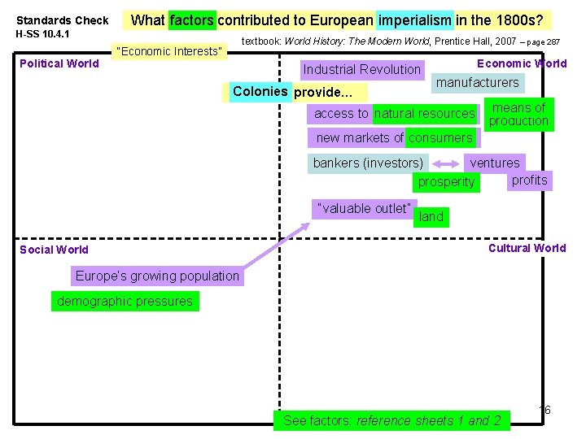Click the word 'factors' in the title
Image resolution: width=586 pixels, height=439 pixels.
(x=193, y=20)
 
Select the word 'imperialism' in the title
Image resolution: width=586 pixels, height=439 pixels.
(x=414, y=20)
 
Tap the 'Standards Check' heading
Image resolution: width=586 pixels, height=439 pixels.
(x=63, y=20)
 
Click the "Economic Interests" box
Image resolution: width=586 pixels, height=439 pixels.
(x=169, y=52)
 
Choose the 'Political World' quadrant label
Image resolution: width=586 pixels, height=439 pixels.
(x=59, y=63)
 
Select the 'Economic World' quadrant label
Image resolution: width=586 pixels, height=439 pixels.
(x=522, y=63)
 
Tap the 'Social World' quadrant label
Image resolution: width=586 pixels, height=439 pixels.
(x=54, y=250)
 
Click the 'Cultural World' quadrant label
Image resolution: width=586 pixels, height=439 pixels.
(x=527, y=248)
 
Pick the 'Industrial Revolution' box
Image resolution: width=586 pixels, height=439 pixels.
(x=361, y=70)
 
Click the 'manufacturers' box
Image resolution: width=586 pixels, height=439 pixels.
(x=477, y=82)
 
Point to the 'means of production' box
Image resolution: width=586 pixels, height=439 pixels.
(x=518, y=115)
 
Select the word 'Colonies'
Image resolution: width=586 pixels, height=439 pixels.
(x=260, y=91)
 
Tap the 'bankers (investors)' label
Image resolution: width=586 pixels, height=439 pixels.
(x=368, y=163)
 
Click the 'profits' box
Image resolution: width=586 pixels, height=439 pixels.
(x=529, y=180)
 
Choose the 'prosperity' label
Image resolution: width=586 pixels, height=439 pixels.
(x=446, y=182)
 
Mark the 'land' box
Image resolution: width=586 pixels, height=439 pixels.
(x=431, y=216)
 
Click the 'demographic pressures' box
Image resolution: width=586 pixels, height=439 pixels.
(x=125, y=302)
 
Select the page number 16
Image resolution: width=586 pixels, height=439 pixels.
(x=544, y=410)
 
